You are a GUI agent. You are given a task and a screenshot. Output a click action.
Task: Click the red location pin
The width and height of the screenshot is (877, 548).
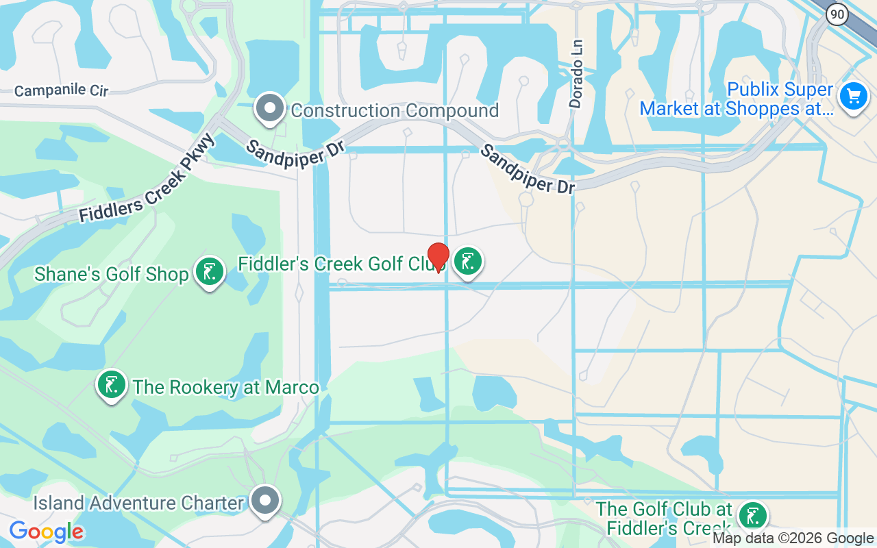click(438, 258)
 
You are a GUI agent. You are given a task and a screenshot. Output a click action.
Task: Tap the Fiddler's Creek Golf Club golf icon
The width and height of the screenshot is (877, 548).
click(468, 261)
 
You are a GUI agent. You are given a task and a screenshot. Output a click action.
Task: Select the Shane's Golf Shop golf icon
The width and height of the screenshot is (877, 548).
click(210, 272)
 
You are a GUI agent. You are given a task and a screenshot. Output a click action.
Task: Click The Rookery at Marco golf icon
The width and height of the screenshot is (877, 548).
click(112, 384)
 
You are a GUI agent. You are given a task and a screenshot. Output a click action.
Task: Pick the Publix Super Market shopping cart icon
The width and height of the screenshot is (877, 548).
click(853, 96)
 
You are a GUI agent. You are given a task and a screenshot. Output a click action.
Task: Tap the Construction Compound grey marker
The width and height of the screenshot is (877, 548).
click(270, 108)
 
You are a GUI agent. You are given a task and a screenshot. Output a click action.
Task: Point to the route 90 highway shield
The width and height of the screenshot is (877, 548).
click(837, 13)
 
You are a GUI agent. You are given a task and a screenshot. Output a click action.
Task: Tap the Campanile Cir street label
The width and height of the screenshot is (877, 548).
click(61, 91)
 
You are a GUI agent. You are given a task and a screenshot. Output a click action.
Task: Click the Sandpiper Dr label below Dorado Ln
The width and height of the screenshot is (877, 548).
click(527, 169)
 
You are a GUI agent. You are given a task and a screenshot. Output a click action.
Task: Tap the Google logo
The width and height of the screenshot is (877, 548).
click(47, 532)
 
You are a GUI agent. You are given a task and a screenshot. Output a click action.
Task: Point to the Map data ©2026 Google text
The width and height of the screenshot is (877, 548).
click(793, 538)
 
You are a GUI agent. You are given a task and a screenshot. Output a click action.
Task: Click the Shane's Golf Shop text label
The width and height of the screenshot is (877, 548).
click(112, 275)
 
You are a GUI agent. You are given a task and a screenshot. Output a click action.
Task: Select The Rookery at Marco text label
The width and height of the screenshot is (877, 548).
click(226, 387)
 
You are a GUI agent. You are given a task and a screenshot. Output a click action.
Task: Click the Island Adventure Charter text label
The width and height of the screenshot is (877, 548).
click(139, 503)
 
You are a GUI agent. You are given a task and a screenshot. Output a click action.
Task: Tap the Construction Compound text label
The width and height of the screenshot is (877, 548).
click(395, 110)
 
